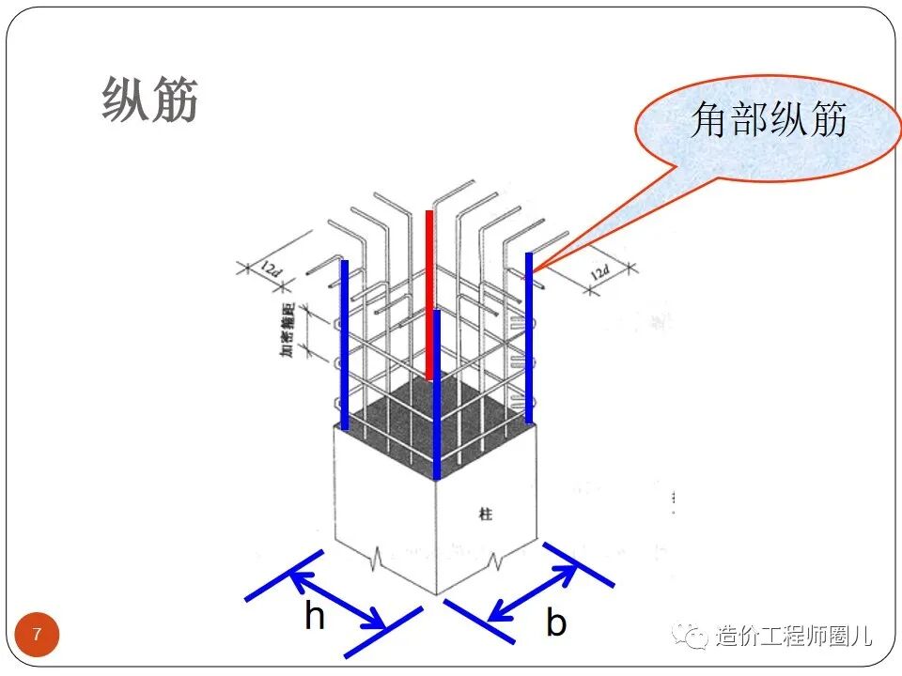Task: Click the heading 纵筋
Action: (x=150, y=100)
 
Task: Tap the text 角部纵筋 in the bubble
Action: (x=769, y=120)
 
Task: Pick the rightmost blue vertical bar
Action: (x=529, y=338)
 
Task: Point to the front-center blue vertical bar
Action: (x=437, y=394)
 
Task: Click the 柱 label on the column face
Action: (x=485, y=515)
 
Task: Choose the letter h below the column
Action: (x=315, y=617)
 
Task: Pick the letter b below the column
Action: (x=556, y=622)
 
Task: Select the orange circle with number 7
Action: (x=38, y=636)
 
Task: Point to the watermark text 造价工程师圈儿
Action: (x=794, y=637)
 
